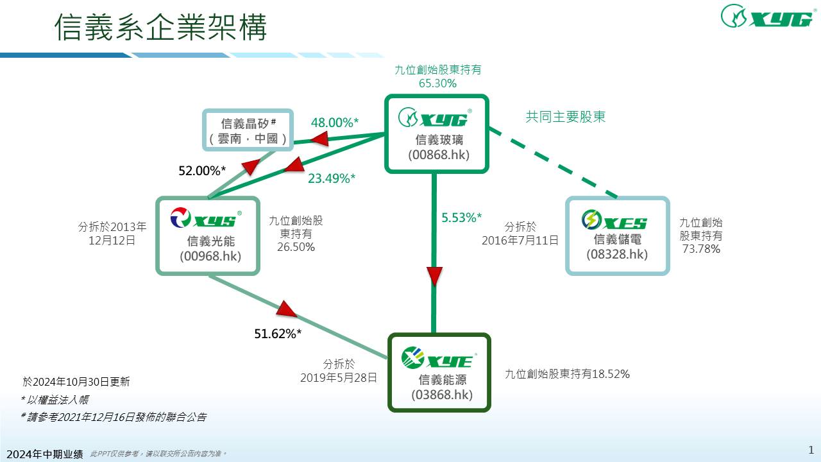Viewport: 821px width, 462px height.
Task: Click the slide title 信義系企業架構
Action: click(x=160, y=27)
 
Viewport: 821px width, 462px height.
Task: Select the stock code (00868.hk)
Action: click(x=438, y=155)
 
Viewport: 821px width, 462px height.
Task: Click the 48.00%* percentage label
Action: click(x=334, y=123)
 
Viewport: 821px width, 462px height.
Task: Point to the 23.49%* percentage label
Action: click(x=332, y=179)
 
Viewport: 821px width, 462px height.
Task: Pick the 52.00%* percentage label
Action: click(x=202, y=171)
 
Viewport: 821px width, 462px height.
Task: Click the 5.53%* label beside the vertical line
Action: click(x=462, y=218)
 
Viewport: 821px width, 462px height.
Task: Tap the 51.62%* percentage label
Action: click(x=278, y=334)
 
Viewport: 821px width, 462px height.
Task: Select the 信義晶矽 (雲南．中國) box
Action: click(x=248, y=130)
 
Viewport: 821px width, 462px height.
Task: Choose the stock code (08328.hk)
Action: click(x=617, y=254)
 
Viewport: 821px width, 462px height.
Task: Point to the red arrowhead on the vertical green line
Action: click(x=434, y=277)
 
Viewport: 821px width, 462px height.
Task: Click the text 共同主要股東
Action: click(x=566, y=117)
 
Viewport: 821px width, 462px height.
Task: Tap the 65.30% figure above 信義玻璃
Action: click(x=437, y=83)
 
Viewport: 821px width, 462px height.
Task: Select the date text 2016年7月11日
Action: click(x=520, y=241)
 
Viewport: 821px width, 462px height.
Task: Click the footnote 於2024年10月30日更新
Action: click(x=76, y=382)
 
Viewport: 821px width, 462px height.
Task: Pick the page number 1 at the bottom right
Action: click(x=811, y=449)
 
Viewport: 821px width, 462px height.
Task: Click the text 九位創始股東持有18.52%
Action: click(x=567, y=374)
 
